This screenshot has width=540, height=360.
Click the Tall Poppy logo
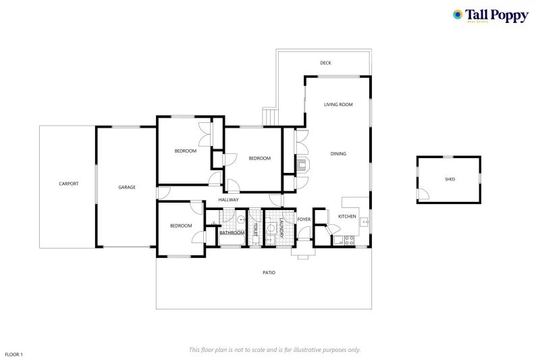click(x=491, y=16)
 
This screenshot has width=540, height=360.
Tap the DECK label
click(x=325, y=63)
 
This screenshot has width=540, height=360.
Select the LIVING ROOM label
click(x=338, y=105)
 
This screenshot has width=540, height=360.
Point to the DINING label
click(x=338, y=153)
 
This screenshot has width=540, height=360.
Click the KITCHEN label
click(x=347, y=216)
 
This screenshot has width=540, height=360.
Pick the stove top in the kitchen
click(x=349, y=240)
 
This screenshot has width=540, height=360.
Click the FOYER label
click(x=304, y=219)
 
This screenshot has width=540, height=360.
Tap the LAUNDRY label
click(x=281, y=228)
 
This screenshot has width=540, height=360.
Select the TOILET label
click(x=255, y=230)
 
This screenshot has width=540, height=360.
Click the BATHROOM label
click(x=232, y=233)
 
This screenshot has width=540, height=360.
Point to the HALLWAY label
click(x=228, y=199)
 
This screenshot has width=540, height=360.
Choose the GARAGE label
click(x=127, y=187)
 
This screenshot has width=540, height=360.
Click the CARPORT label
click(x=69, y=184)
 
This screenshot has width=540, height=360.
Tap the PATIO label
click(x=269, y=272)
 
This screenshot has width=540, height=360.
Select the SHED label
click(x=450, y=179)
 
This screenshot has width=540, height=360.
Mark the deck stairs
click(x=269, y=117)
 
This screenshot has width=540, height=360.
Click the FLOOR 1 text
click(x=13, y=354)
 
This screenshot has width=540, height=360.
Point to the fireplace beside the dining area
click(x=302, y=164)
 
